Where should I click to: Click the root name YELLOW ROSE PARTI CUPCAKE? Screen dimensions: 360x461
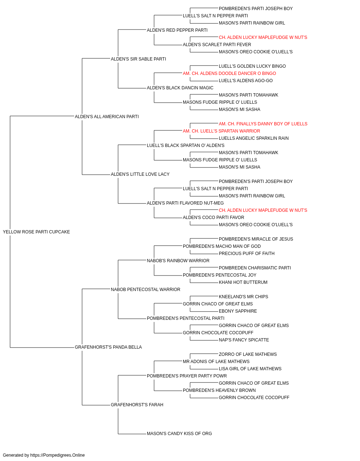click(36, 232)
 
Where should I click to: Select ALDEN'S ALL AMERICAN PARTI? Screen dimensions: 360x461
click(107, 116)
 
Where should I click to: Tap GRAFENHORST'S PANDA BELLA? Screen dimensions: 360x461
click(108, 347)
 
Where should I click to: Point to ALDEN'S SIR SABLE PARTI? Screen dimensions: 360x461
click(138, 59)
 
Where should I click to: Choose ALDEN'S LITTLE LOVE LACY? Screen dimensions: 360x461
click(140, 174)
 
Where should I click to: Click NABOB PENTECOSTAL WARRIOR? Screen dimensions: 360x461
click(145, 290)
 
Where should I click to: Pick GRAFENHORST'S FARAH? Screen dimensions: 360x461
click(137, 405)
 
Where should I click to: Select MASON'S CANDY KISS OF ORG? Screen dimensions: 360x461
click(179, 434)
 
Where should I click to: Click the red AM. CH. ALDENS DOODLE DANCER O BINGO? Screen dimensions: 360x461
click(229, 73)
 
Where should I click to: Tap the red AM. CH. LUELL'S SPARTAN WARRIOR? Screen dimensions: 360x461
click(221, 131)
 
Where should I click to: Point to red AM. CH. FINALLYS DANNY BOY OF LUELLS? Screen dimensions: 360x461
click(263, 124)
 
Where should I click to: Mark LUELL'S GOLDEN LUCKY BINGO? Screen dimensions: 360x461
click(252, 66)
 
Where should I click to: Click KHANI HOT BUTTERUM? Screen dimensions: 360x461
click(243, 282)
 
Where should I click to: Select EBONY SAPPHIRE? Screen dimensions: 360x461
click(238, 311)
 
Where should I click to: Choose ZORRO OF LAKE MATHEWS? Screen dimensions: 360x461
click(248, 354)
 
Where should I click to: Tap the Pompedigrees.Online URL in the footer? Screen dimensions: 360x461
click(57, 455)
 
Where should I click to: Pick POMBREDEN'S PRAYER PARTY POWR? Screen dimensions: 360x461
click(186, 376)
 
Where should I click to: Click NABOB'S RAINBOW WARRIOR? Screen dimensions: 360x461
click(178, 261)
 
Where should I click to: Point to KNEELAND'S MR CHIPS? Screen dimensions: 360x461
click(243, 297)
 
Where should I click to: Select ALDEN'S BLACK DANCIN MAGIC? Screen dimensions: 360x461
click(180, 88)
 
